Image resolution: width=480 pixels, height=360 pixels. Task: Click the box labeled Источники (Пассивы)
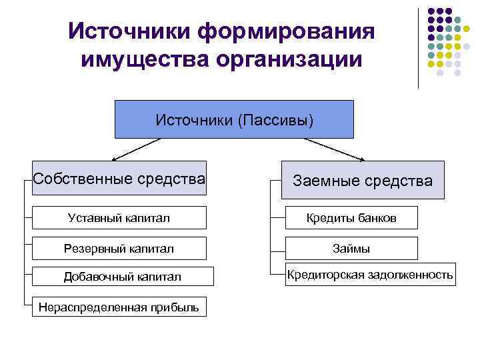tap(234, 119)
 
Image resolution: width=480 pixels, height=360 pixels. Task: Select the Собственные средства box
tap(119, 178)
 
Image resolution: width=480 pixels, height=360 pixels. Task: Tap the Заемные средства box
tap(363, 180)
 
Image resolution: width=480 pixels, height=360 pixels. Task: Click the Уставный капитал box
tap(119, 218)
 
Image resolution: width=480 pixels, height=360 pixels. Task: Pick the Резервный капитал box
tap(119, 249)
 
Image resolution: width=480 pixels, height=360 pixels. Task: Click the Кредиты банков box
tap(351, 218)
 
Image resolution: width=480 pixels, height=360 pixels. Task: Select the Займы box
tap(351, 249)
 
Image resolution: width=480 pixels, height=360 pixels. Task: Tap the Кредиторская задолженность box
tap(370, 275)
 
